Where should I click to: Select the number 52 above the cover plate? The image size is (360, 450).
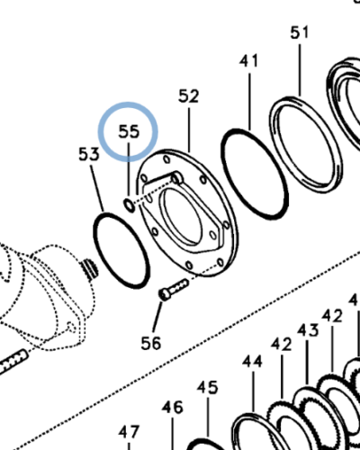pyautogui.click(x=188, y=96)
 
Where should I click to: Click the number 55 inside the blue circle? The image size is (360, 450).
pyautogui.click(x=130, y=130)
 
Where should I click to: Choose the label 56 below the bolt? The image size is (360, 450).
pyautogui.click(x=152, y=343)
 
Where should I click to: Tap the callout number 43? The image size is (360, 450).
pyautogui.click(x=308, y=331)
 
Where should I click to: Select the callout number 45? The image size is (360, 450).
pyautogui.click(x=208, y=387)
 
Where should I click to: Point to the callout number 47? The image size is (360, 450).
pyautogui.click(x=130, y=430)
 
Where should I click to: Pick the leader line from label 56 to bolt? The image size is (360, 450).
pyautogui.click(x=158, y=316)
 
